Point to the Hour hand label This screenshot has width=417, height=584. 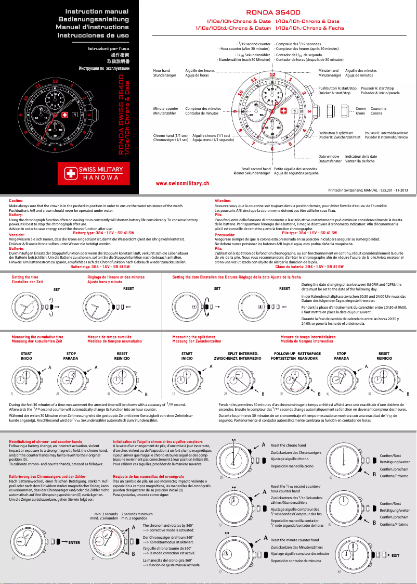[x=162, y=70]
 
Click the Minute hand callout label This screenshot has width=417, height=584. [x=328, y=70]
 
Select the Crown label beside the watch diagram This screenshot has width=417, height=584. [x=360, y=108]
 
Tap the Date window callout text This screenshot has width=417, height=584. [x=329, y=156]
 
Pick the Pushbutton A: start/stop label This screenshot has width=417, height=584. [x=337, y=88]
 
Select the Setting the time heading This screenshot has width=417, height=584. [x=24, y=277]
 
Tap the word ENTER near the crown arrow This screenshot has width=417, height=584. [x=74, y=543]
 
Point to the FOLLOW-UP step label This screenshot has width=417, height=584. [x=285, y=355]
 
